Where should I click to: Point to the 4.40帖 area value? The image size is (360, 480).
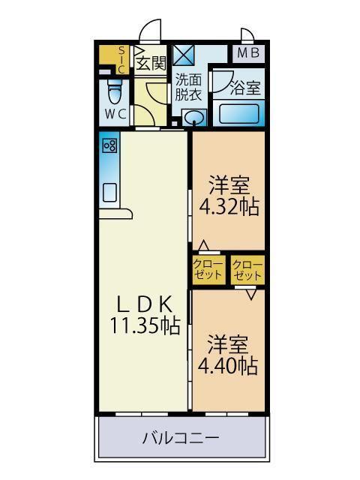tap(228, 365)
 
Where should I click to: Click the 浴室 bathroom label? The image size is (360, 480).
tap(245, 87)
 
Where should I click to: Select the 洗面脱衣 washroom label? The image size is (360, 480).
tap(188, 88)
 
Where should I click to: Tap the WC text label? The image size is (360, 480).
tap(115, 114)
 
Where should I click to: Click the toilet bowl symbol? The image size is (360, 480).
tap(115, 92)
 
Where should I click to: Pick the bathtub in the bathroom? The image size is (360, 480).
tap(238, 115)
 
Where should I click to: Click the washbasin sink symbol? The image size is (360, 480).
tap(194, 117)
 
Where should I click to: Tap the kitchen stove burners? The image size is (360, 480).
tap(109, 145)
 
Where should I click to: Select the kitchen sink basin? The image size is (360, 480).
tap(109, 190)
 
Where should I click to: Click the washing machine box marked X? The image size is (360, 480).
tap(183, 55)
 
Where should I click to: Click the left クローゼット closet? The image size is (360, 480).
tap(208, 269)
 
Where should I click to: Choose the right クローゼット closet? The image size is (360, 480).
tap(247, 269)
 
